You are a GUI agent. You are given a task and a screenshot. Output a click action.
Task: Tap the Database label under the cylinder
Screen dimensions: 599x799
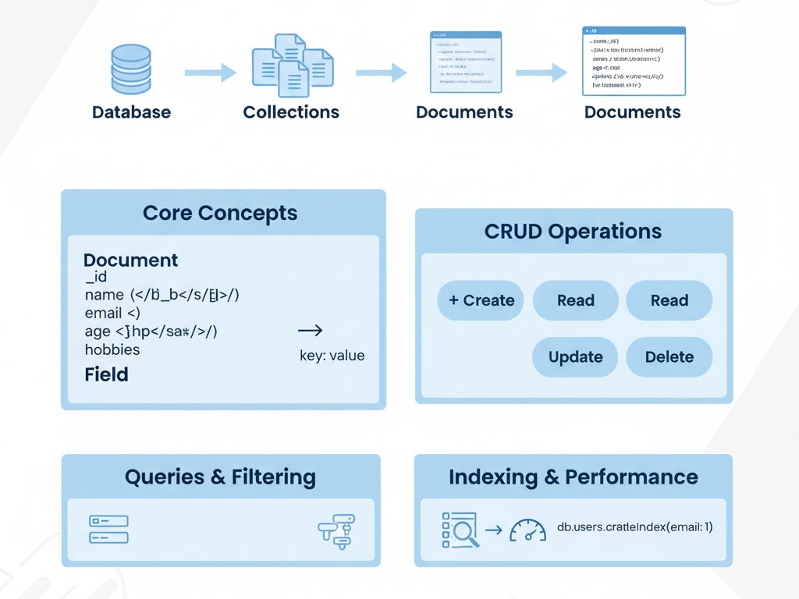[131, 112]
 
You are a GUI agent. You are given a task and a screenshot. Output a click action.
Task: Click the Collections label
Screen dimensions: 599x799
[291, 112]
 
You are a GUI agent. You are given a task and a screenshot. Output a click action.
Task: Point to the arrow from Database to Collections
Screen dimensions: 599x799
[210, 73]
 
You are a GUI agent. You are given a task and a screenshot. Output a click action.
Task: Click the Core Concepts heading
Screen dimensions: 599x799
[220, 213]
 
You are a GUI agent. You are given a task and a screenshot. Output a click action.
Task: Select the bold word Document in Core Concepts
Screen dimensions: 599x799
[130, 261]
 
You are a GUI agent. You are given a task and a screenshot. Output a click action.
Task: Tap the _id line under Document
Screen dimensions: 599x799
[97, 277]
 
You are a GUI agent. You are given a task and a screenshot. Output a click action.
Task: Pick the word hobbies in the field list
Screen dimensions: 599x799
[112, 349]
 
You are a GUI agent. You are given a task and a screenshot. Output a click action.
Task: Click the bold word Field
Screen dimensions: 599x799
[106, 375]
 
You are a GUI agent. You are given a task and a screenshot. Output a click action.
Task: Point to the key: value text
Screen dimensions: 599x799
[332, 356]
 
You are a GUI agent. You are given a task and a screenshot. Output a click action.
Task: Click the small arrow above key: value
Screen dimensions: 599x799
[310, 331]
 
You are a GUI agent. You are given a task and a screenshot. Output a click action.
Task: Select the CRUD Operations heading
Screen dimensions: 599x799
[573, 232]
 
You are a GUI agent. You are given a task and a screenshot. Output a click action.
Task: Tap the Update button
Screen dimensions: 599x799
[575, 357]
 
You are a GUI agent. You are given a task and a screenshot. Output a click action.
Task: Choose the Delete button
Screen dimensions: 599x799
[669, 357]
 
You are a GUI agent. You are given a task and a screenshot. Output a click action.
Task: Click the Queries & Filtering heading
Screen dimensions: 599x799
[220, 477]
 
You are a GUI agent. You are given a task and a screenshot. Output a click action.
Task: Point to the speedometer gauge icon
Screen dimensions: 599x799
[527, 530]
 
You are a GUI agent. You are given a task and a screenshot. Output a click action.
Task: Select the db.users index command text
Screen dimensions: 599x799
[634, 527]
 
